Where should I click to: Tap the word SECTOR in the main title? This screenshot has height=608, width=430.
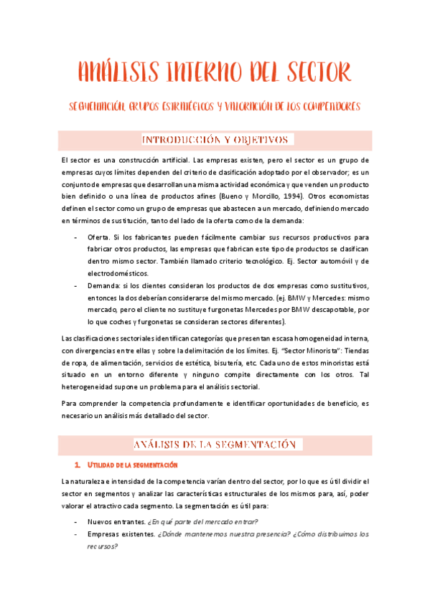click(314, 73)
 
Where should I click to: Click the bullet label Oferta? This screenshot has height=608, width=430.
click(99, 237)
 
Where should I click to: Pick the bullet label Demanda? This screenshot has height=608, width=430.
click(103, 286)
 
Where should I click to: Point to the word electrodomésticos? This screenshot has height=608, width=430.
click(119, 274)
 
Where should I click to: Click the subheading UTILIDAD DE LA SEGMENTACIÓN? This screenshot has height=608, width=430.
click(135, 465)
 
